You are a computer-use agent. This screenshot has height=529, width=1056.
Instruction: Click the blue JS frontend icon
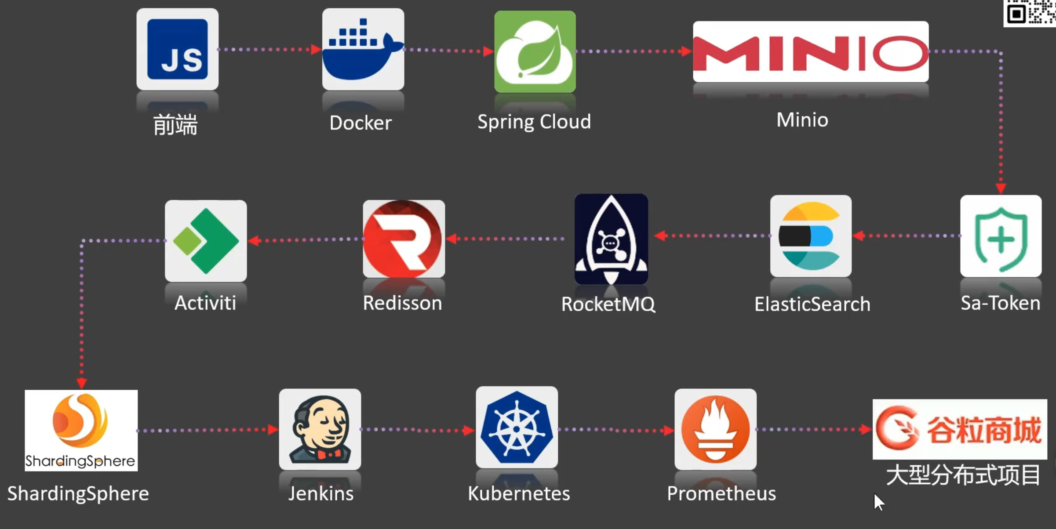click(177, 49)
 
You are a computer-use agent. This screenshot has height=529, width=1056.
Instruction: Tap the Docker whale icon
click(363, 49)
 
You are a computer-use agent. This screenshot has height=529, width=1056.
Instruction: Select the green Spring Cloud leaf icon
click(535, 51)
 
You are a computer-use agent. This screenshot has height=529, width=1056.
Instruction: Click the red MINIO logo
click(810, 52)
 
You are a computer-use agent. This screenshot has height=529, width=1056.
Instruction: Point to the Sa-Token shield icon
click(1001, 236)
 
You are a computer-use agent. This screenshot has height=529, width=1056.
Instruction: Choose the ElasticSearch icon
click(811, 236)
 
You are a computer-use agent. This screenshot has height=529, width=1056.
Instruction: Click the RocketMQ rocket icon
click(611, 239)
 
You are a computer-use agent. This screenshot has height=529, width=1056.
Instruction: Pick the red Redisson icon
click(404, 239)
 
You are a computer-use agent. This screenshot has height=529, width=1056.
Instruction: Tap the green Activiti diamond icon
click(206, 241)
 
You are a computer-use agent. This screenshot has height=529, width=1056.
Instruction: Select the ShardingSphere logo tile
click(81, 431)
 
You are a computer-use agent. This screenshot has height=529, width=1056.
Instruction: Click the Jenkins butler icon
click(320, 429)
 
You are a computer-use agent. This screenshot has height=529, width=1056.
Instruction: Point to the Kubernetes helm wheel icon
click(517, 428)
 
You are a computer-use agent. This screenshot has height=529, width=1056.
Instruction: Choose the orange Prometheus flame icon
click(715, 429)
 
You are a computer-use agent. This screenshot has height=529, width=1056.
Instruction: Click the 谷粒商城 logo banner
click(960, 429)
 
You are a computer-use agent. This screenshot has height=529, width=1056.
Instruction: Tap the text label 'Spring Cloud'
click(534, 122)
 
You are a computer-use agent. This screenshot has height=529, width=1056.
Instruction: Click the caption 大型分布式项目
click(963, 475)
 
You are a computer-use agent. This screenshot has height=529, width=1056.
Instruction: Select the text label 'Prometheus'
click(721, 493)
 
